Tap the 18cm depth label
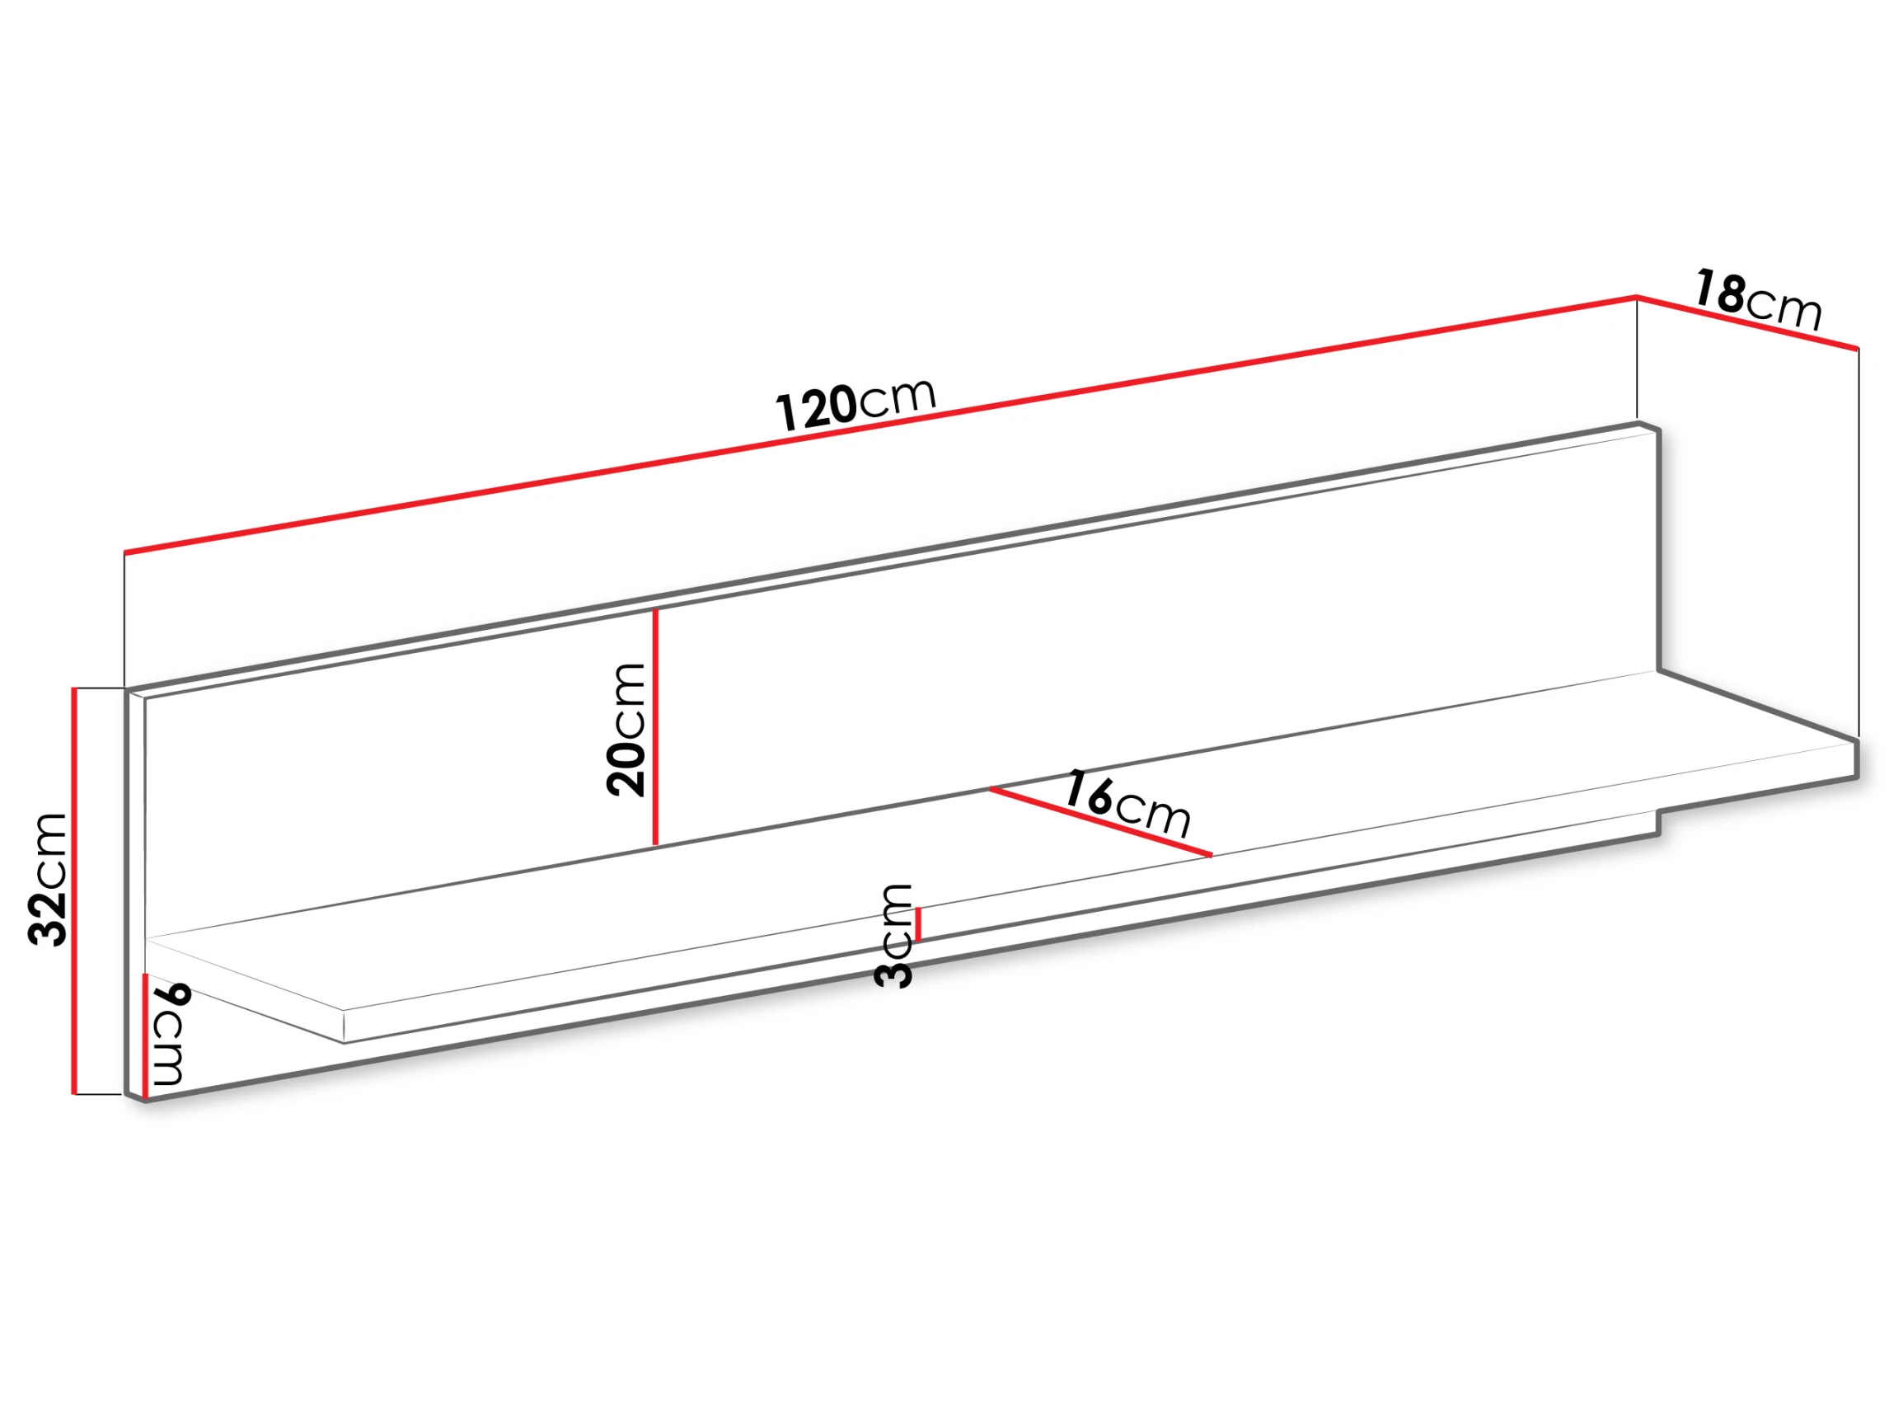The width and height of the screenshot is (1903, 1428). (1758, 300)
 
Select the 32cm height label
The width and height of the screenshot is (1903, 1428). (47, 879)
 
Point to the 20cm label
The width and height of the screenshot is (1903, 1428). (626, 729)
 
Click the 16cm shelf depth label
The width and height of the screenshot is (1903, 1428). (1127, 803)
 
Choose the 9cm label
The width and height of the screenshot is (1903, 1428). (170, 1034)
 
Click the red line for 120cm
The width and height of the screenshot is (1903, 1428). (880, 425)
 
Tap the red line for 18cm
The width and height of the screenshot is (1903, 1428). (1747, 323)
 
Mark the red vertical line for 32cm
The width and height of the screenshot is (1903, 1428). (75, 891)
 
